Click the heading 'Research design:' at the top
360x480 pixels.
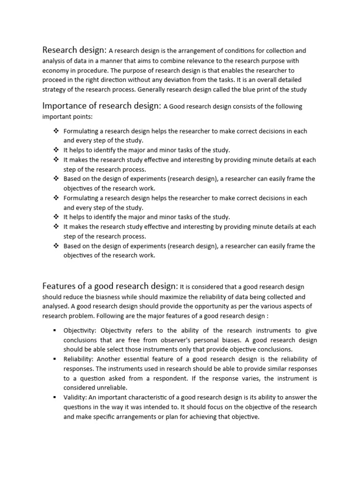(75, 50)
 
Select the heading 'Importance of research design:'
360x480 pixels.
(102, 106)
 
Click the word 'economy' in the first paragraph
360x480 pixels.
(55, 71)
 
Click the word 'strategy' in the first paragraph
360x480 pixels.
(55, 90)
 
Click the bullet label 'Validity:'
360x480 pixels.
(75, 397)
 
